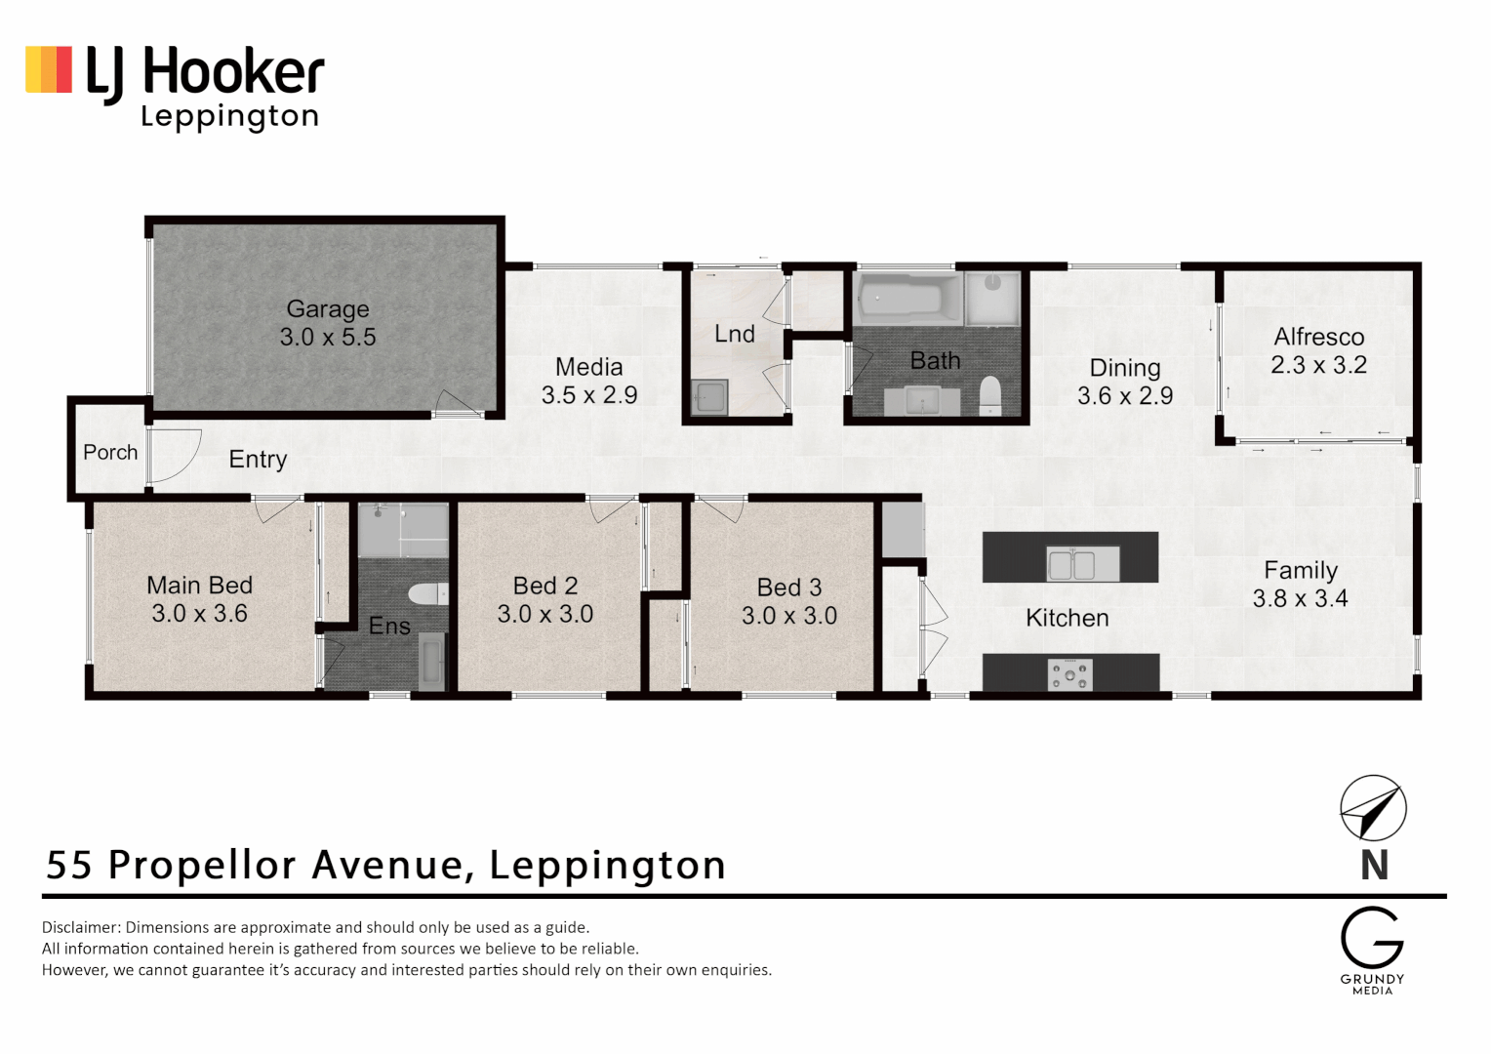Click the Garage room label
328,309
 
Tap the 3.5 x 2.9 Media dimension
589,395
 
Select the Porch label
110,452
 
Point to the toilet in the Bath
990,394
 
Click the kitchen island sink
1070,563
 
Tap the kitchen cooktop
1070,673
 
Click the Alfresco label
1318,337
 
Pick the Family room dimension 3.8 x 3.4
1300,598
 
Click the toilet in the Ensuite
427,593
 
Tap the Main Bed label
199,586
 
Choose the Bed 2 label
545,586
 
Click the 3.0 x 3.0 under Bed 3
789,616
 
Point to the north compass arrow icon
1373,808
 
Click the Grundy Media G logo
1371,938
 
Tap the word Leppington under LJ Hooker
230,117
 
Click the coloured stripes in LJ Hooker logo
49,70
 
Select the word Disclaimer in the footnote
81,927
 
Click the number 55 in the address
69,865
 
